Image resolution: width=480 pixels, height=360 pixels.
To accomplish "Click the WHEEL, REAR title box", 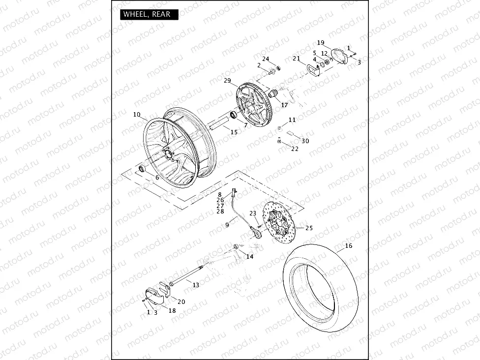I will click(x=147, y=14).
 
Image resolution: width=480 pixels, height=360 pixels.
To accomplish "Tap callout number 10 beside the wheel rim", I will click(x=137, y=115).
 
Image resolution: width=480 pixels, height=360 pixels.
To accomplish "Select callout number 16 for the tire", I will click(x=349, y=245).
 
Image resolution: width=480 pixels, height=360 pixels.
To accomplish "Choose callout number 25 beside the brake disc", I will click(x=309, y=228).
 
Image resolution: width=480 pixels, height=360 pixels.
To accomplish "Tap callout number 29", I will click(x=227, y=81).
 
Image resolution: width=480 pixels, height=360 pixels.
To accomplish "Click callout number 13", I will click(x=196, y=285).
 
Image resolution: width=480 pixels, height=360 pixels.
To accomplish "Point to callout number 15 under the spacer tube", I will click(x=234, y=132).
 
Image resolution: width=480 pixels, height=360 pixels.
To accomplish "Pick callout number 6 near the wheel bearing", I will click(x=156, y=178).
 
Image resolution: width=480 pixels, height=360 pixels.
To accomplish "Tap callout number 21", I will click(x=296, y=59).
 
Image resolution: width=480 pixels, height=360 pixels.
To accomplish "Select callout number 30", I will click(x=305, y=141).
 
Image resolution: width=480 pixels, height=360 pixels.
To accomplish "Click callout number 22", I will click(x=295, y=149).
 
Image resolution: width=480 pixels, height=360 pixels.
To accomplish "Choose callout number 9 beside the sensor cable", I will click(x=227, y=225).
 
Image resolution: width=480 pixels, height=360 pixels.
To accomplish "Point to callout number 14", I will click(x=250, y=257).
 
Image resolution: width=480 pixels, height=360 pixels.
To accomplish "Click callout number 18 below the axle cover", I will click(x=172, y=310).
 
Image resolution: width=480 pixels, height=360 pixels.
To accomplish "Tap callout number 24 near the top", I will click(x=266, y=59).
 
